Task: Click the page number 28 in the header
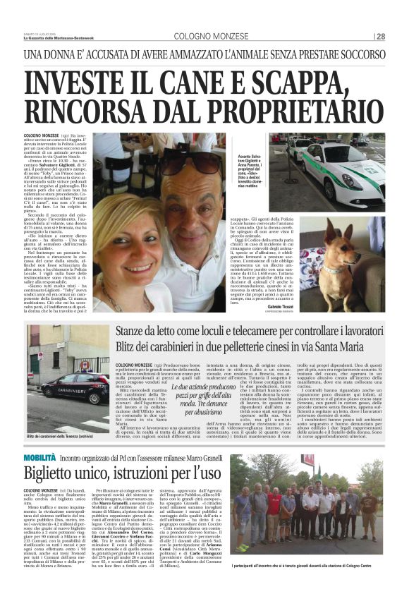click(x=381, y=37)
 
